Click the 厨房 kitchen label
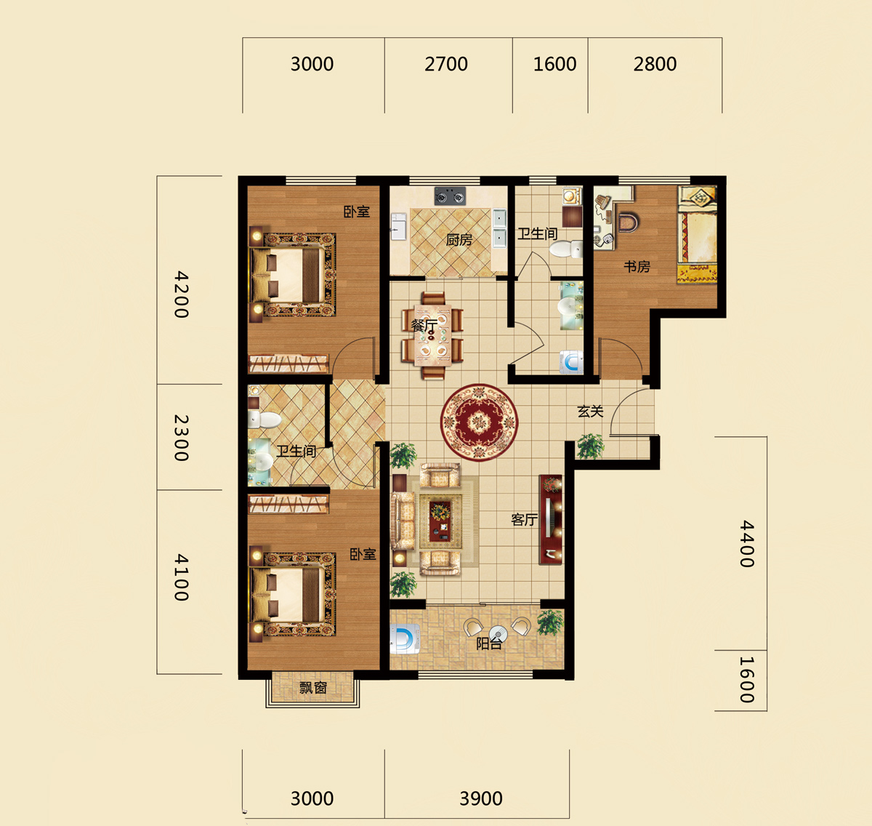tap(459, 240)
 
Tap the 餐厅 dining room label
tap(424, 325)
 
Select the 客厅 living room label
tap(524, 519)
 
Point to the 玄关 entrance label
tap(591, 412)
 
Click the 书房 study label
tap(637, 267)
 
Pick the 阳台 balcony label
tap(489, 643)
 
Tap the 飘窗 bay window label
tap(313, 688)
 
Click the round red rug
tap(479, 422)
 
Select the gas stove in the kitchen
tap(451, 196)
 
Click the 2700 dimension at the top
tap(446, 65)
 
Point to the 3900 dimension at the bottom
tap(481, 799)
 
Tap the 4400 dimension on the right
tap(747, 544)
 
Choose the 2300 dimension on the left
tap(181, 438)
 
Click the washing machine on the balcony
tap(405, 638)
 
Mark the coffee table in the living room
tap(441, 520)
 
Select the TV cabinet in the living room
tap(550, 520)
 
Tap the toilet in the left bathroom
tap(265, 420)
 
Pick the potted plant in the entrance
tap(590, 446)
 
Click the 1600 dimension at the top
tap(555, 65)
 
